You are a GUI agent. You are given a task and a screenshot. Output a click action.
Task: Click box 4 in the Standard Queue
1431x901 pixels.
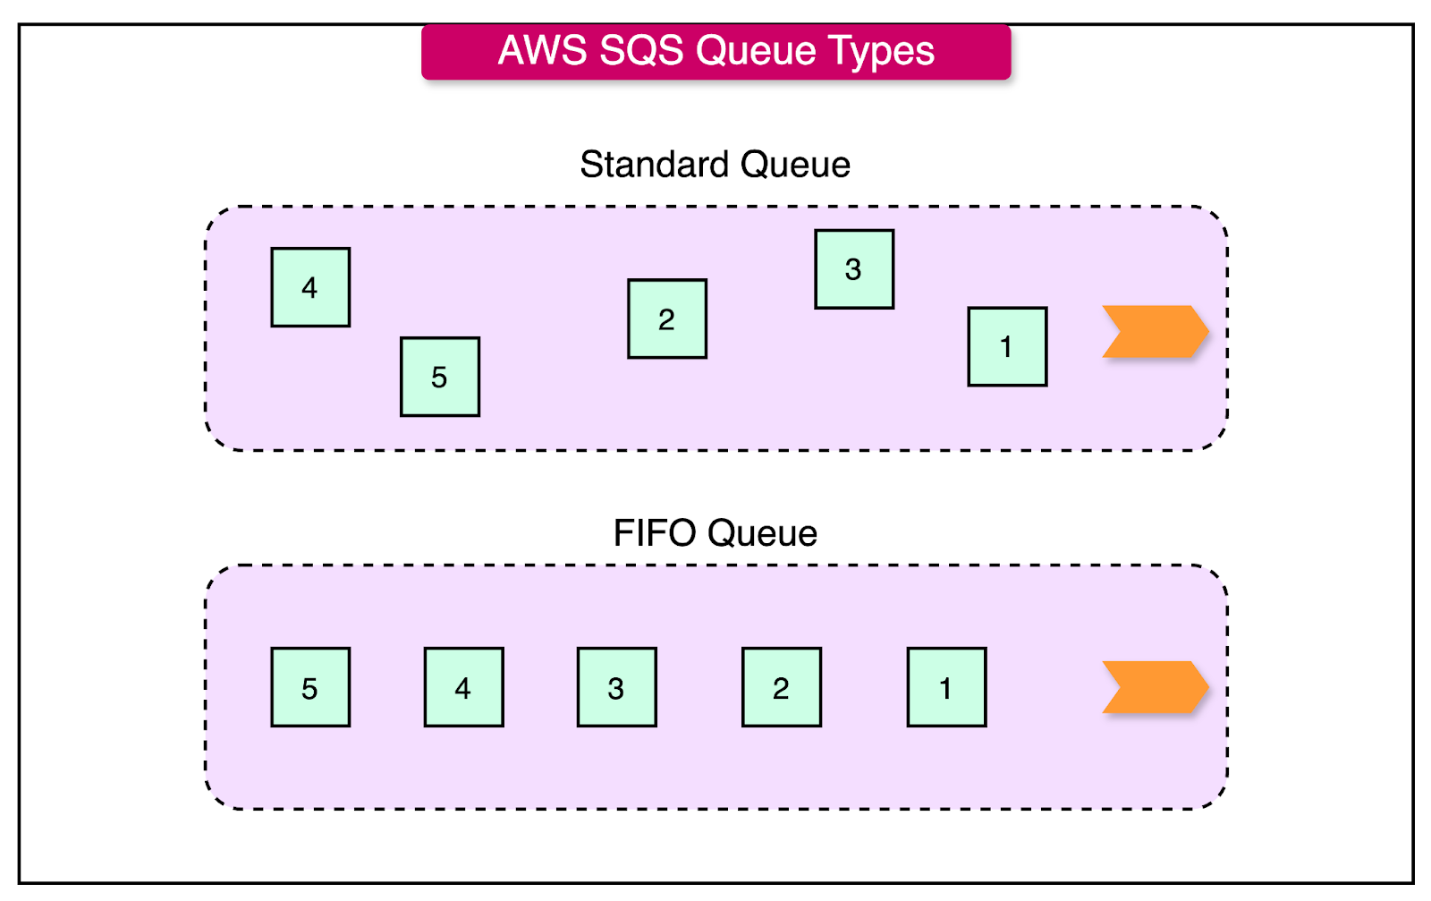click(x=310, y=287)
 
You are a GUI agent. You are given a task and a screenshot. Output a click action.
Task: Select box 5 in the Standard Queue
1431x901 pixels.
click(x=439, y=377)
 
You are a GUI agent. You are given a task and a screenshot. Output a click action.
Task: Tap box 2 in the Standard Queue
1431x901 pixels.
click(x=667, y=319)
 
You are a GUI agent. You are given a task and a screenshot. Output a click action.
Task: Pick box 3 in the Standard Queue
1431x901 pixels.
click(x=854, y=269)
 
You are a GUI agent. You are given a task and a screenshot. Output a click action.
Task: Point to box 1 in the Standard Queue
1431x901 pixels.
click(x=1007, y=346)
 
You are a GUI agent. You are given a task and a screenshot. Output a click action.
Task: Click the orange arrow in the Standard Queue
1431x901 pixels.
click(x=1155, y=331)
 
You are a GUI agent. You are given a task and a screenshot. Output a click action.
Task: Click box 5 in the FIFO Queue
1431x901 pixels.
click(x=310, y=687)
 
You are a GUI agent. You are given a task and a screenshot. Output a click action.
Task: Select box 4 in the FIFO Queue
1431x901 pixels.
click(x=463, y=687)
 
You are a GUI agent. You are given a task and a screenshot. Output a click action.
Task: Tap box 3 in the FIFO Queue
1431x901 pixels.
click(x=616, y=687)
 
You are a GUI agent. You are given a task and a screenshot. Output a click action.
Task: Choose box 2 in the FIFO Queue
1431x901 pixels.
click(x=781, y=687)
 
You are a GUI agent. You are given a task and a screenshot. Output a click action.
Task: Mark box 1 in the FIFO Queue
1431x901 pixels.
click(x=946, y=687)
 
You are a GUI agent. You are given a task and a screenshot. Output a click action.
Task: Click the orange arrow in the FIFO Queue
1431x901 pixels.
click(x=1155, y=687)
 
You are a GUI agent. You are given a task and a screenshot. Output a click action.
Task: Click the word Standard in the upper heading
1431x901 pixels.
click(x=655, y=165)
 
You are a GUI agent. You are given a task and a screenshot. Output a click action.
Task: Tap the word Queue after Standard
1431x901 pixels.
click(x=795, y=166)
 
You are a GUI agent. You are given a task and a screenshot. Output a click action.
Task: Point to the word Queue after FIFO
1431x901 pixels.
click(x=762, y=534)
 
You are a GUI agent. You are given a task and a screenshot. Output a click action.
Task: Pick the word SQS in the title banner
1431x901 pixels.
click(x=642, y=51)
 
